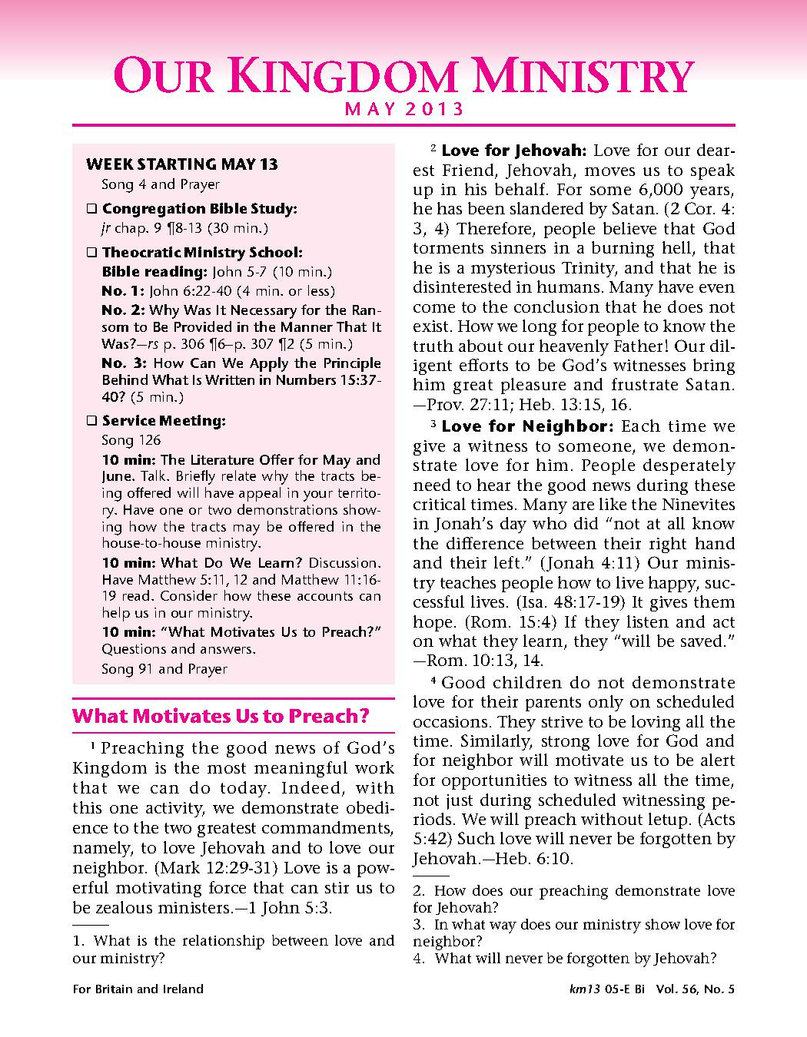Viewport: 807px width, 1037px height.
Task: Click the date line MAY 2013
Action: point(404,109)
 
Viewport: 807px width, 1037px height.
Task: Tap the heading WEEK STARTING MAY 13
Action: point(182,164)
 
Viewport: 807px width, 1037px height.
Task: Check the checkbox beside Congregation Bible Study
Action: point(91,209)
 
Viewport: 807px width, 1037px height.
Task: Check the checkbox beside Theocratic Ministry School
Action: point(91,253)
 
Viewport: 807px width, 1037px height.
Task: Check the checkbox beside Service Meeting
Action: point(91,421)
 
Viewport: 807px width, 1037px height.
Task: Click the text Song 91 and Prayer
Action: point(164,669)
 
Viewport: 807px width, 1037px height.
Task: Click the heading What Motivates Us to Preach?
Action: point(221,717)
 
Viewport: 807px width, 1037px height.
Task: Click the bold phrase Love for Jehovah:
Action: point(514,151)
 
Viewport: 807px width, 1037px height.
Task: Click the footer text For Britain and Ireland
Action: point(138,989)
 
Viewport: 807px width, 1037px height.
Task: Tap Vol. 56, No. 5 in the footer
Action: point(695,989)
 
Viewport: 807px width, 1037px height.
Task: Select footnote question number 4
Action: point(418,959)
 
